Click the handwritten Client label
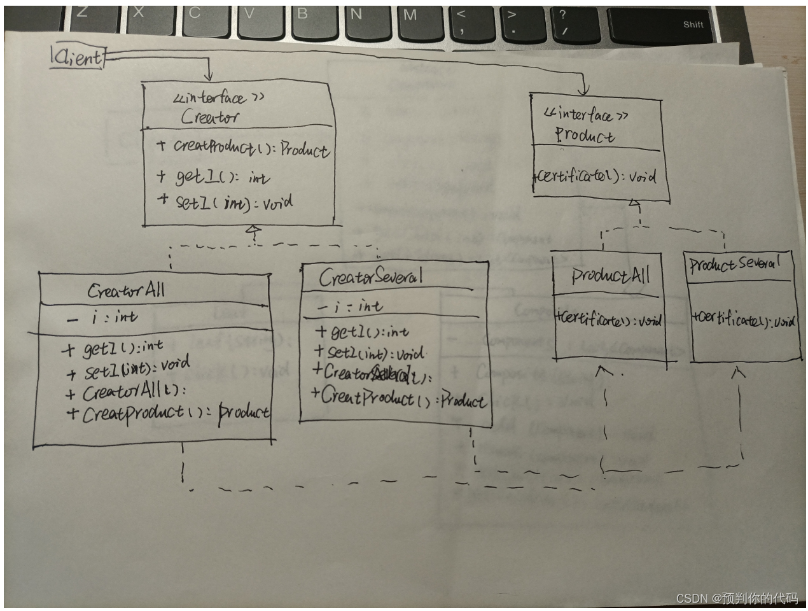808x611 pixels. pos(78,58)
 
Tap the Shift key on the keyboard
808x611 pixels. pos(693,25)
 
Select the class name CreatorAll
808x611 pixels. pos(126,291)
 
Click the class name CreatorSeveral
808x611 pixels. pos(370,277)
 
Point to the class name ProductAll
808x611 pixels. pos(610,275)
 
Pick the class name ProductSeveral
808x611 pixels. pos(734,263)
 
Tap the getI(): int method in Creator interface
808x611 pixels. pos(214,177)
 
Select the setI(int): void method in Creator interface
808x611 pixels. pos(225,202)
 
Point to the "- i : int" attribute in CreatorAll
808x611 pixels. pos(102,317)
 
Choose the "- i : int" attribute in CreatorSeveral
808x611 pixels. pos(350,307)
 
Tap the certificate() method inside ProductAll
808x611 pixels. pos(608,320)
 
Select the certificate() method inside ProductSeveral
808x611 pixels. pos(743,320)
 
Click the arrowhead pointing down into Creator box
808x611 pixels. pos(208,75)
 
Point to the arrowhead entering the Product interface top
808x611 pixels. pos(584,91)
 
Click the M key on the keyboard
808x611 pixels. pos(410,15)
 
